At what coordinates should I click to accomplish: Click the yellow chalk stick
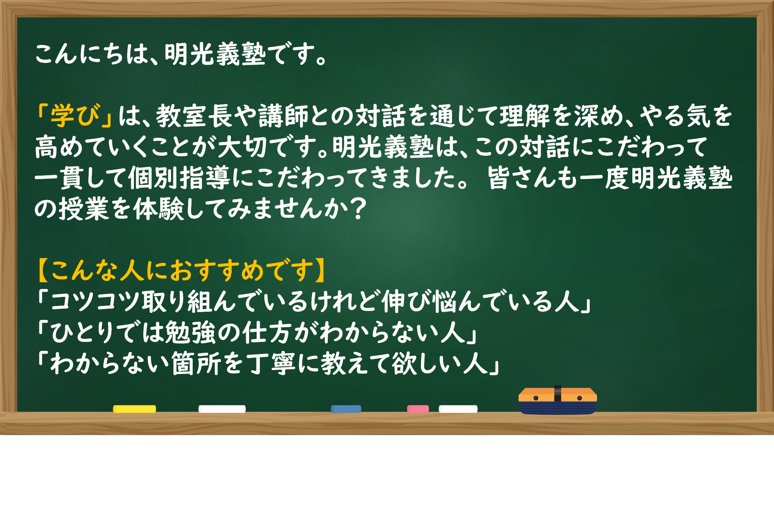pyautogui.click(x=134, y=409)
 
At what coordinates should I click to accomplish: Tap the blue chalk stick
pyautogui.click(x=346, y=409)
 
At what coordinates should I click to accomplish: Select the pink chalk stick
pyautogui.click(x=418, y=409)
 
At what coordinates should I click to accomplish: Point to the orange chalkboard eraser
pyautogui.click(x=558, y=400)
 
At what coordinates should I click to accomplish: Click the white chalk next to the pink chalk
pyautogui.click(x=458, y=409)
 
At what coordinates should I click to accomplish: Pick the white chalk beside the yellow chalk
pyautogui.click(x=222, y=409)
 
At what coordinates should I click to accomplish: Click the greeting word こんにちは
pyautogui.click(x=92, y=54)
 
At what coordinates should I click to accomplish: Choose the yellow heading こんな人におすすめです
pyautogui.click(x=182, y=270)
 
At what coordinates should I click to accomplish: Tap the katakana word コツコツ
pyautogui.click(x=95, y=301)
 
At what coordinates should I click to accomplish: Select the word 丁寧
pyautogui.click(x=272, y=364)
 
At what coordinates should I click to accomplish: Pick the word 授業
pyautogui.click(x=83, y=209)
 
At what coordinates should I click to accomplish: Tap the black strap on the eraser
pyautogui.click(x=558, y=394)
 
